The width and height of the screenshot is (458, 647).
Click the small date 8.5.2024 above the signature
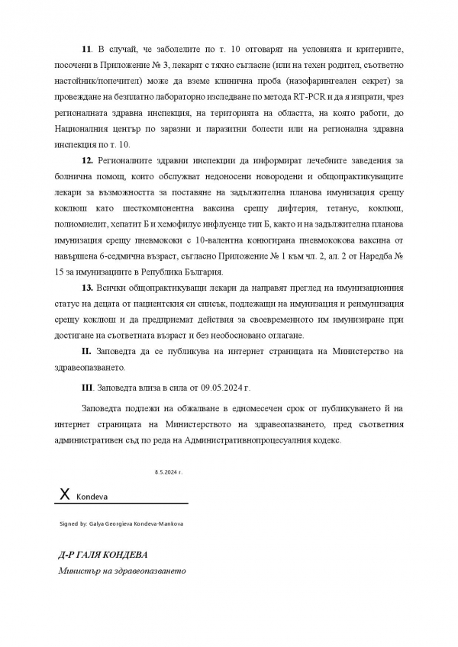tap(168, 472)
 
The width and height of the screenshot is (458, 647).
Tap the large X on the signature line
tap(64, 495)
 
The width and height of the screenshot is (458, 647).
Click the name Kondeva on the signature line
tap(92, 497)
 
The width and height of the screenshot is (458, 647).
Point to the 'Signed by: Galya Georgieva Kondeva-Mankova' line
tap(121, 524)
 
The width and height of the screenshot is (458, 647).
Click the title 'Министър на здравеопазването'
tap(121, 571)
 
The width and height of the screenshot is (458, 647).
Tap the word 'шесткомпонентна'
tap(160, 208)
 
